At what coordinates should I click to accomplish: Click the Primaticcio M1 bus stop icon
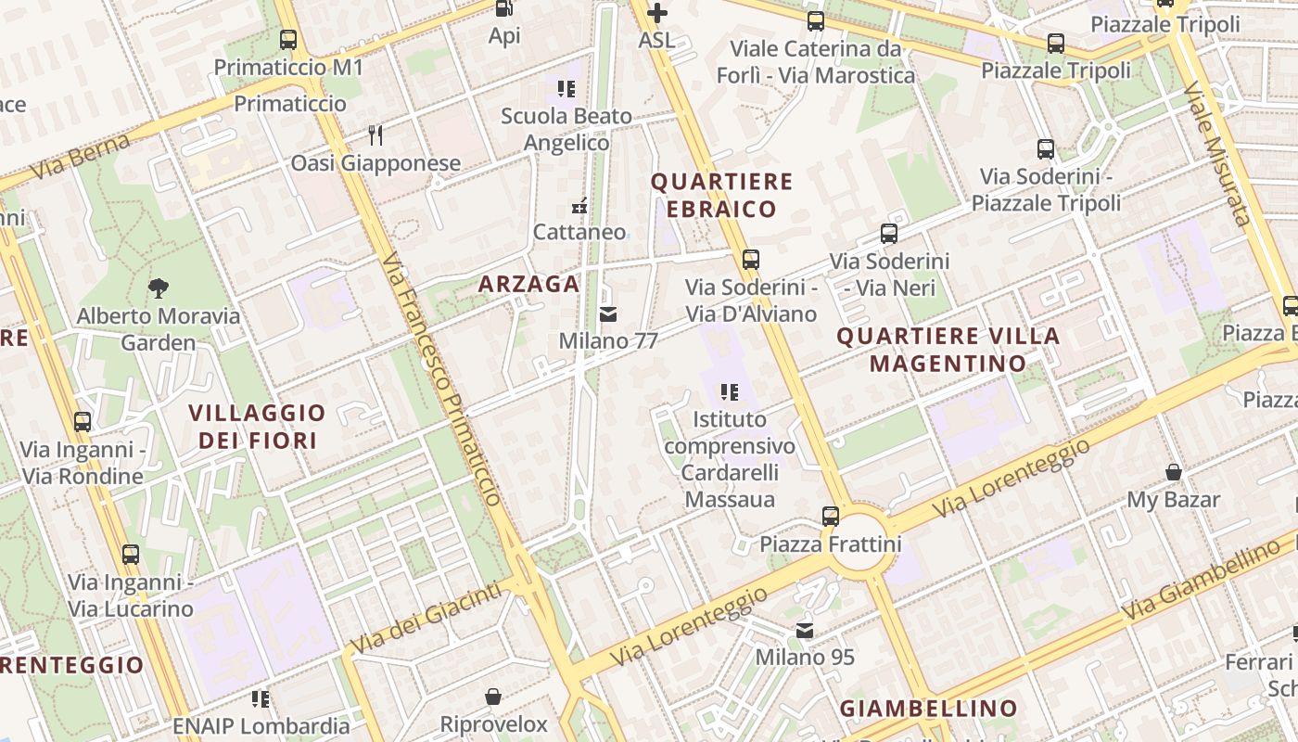pyautogui.click(x=288, y=40)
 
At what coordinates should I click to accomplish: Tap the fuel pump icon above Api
pyautogui.click(x=504, y=8)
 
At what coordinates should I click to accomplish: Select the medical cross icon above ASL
pyautogui.click(x=656, y=13)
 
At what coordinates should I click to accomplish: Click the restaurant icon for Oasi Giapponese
pyautogui.click(x=375, y=135)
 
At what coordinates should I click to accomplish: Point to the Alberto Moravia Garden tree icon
pyautogui.click(x=159, y=288)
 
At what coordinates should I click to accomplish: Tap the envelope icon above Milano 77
pyautogui.click(x=608, y=314)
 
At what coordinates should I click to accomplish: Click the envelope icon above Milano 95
pyautogui.click(x=805, y=631)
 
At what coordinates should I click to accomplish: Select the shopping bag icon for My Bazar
pyautogui.click(x=1174, y=472)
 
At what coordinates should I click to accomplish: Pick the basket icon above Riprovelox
pyautogui.click(x=493, y=697)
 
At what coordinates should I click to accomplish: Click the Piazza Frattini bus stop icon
pyautogui.click(x=831, y=517)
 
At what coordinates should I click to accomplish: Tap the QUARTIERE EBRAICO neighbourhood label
pyautogui.click(x=722, y=195)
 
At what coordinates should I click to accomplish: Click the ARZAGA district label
pyautogui.click(x=528, y=284)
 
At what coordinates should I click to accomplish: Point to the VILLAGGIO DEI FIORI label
pyautogui.click(x=258, y=427)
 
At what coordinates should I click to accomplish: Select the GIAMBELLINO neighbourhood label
pyautogui.click(x=928, y=709)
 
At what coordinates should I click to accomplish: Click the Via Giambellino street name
pyautogui.click(x=1201, y=582)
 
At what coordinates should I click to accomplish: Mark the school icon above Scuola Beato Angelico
pyautogui.click(x=566, y=89)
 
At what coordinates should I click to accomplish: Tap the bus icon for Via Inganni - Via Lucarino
pyautogui.click(x=131, y=555)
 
